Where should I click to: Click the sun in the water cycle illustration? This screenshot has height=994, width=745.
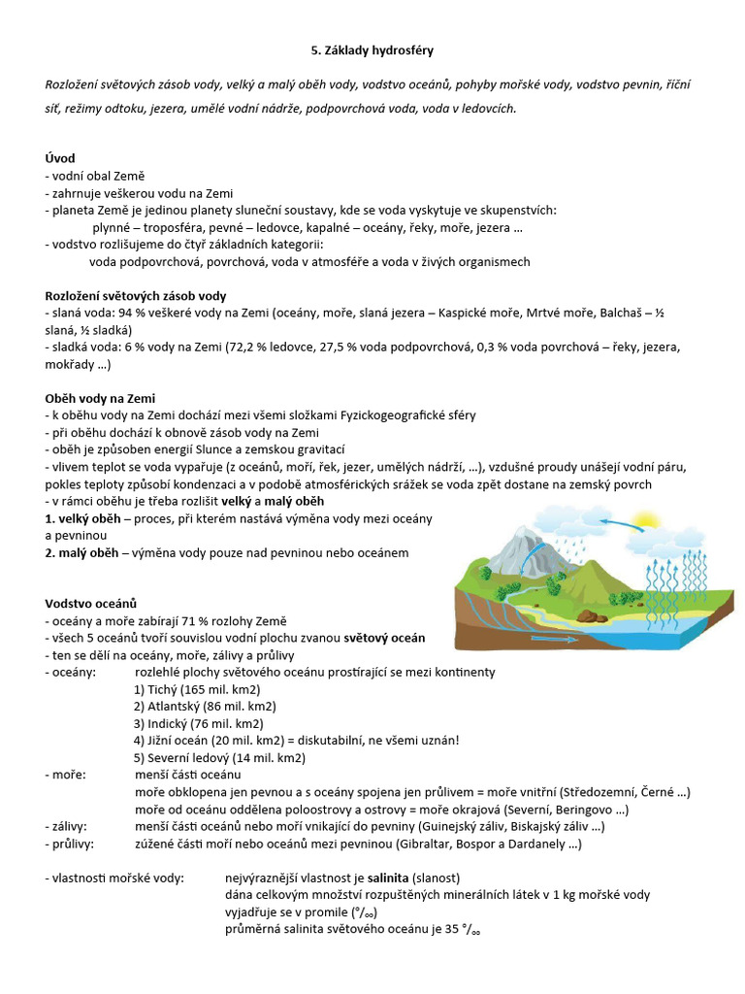point(644,520)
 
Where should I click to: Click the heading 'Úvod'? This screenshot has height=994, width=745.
point(59,158)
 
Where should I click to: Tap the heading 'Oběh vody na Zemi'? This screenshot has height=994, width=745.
point(100,398)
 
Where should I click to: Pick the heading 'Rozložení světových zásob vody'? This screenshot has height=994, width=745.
point(136,295)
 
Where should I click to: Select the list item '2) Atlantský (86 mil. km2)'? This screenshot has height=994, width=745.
point(206,707)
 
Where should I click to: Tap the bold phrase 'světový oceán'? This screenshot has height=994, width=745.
point(385,638)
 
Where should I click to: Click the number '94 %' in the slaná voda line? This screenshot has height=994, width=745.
point(131,313)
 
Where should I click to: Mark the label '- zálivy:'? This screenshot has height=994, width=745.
point(66,826)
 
